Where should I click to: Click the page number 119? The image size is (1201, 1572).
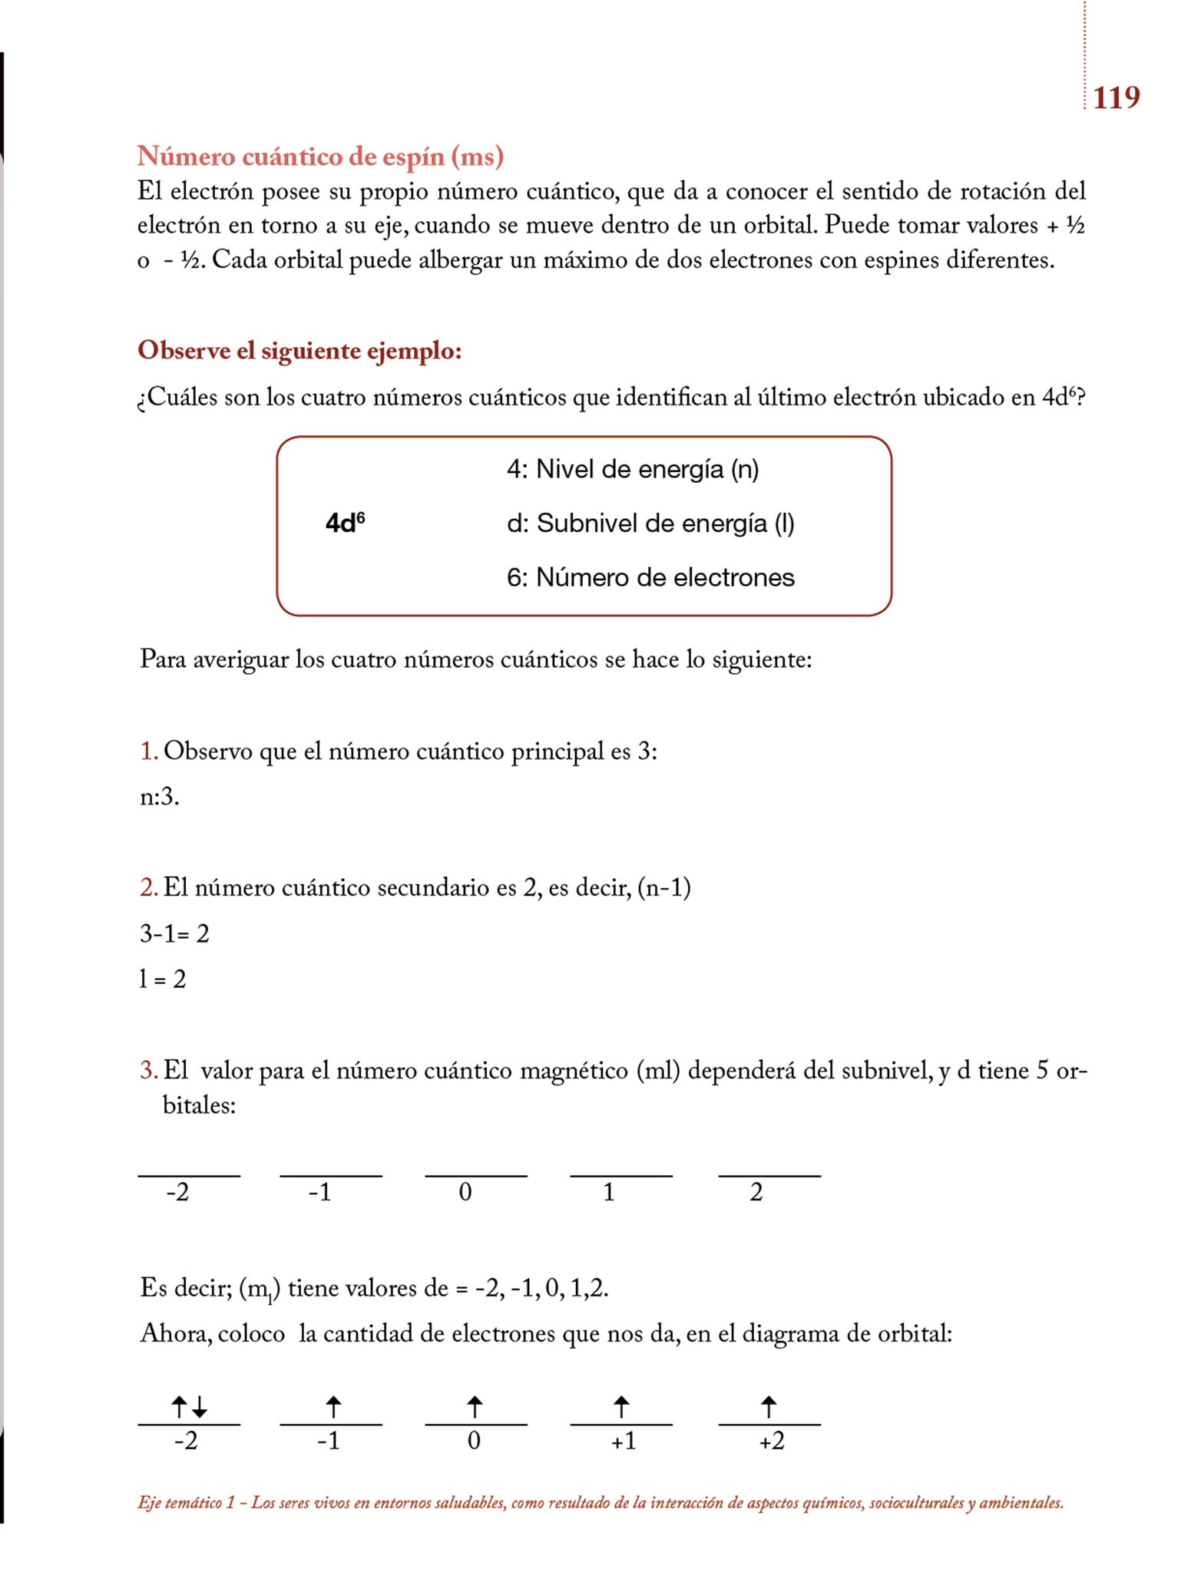pos(1116,97)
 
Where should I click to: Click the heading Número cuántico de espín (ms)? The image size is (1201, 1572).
pos(320,156)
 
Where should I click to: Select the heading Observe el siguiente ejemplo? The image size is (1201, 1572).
pos(299,350)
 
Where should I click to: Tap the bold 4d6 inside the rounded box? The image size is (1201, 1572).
pos(345,523)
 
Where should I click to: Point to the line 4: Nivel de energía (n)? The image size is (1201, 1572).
pos(632,468)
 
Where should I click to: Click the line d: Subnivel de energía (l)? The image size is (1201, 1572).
pos(650,523)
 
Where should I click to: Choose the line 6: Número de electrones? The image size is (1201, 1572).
pos(650,577)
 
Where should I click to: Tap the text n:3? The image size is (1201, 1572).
pos(159,797)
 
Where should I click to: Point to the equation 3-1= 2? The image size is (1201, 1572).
pos(174,933)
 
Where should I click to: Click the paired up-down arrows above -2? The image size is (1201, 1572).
pos(189,1407)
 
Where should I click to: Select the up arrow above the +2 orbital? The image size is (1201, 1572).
pos(769,1407)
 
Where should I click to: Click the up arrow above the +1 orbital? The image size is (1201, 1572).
pos(621,1407)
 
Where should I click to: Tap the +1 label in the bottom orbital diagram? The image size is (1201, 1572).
pos(623,1442)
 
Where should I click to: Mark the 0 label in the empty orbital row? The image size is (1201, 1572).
pos(465,1192)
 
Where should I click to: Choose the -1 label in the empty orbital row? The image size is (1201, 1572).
pos(320,1192)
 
